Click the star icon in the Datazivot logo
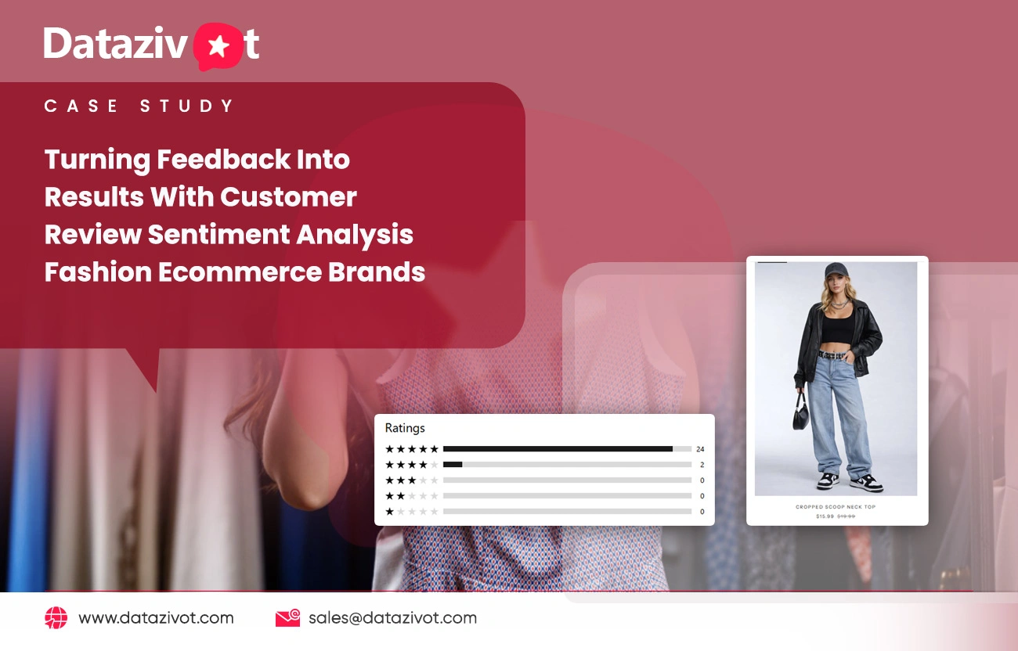pos(219,47)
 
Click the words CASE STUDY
pos(139,106)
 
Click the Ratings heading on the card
pos(405,428)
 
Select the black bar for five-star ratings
pos(558,449)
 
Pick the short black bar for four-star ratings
pos(453,465)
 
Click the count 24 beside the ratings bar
pos(700,449)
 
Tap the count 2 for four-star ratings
pos(702,465)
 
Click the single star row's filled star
pos(389,512)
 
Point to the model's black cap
pos(834,270)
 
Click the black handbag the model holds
pos(801,414)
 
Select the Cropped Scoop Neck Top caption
pos(836,507)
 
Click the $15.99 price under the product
pos(825,516)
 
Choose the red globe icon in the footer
pos(56,618)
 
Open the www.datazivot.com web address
pos(156,618)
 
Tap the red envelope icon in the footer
pos(287,618)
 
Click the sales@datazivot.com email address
pos(392,618)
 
